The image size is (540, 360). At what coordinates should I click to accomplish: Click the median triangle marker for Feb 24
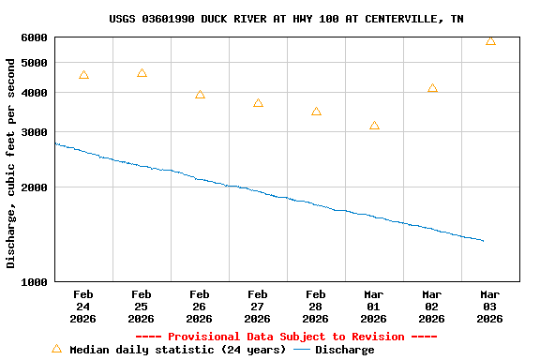[83, 75]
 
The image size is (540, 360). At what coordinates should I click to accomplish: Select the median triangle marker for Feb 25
[142, 73]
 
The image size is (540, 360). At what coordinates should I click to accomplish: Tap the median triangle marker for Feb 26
[200, 95]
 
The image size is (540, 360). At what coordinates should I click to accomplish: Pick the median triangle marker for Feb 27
[258, 103]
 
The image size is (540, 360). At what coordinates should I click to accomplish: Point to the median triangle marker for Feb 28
[316, 112]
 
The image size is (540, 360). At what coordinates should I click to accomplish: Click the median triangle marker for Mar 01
[374, 126]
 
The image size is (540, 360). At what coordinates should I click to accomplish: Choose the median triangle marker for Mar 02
[432, 88]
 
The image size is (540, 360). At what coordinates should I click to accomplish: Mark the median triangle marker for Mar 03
[490, 41]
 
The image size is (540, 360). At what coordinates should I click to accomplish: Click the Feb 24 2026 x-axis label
[83, 307]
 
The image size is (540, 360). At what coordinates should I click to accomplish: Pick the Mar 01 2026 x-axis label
[374, 307]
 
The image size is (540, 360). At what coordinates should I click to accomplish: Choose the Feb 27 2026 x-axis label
[258, 307]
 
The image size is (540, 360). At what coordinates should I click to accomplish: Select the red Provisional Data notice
[286, 337]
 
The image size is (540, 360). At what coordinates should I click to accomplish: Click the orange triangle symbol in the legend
[56, 349]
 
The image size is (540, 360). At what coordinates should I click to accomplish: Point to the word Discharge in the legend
[344, 350]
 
